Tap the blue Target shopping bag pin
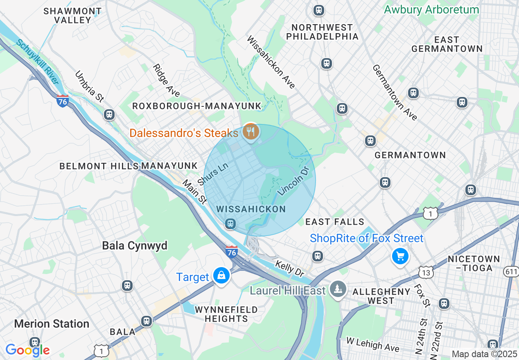(221, 276)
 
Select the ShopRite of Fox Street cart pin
(400, 256)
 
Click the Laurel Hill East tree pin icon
(338, 289)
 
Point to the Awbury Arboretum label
(431, 10)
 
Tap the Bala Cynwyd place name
(135, 245)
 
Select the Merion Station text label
(52, 324)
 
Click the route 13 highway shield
(426, 271)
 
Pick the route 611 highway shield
(512, 270)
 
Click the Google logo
(27, 350)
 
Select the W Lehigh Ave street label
(372, 344)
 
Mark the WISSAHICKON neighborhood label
(251, 209)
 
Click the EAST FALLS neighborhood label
(335, 222)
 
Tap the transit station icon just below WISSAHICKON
(230, 223)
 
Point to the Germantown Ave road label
(395, 92)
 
